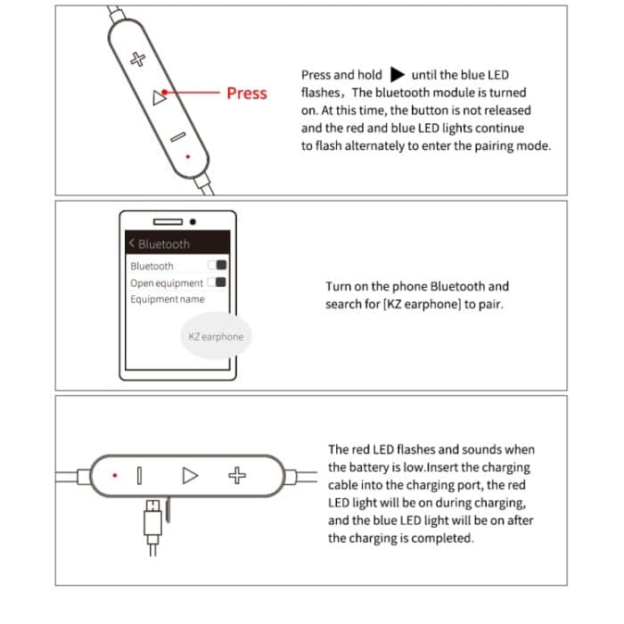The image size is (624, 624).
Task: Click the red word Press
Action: pyautogui.click(x=246, y=93)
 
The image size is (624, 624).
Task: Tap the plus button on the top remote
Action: pyautogui.click(x=137, y=60)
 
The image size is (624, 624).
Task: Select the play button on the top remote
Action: pyautogui.click(x=159, y=98)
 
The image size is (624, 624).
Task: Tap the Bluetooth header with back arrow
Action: pyautogui.click(x=160, y=243)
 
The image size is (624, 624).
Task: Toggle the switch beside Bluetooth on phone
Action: pyautogui.click(x=217, y=266)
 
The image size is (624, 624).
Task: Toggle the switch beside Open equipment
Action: pyautogui.click(x=217, y=283)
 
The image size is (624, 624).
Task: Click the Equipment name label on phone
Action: pyautogui.click(x=167, y=300)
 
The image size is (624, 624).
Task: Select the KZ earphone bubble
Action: pyautogui.click(x=215, y=337)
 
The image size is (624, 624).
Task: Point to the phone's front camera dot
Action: pyautogui.click(x=192, y=222)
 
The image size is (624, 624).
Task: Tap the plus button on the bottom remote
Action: pyautogui.click(x=236, y=475)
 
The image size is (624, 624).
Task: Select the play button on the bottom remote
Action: pyautogui.click(x=190, y=475)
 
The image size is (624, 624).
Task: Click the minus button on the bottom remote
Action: pyautogui.click(x=139, y=475)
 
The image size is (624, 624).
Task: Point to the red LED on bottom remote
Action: pyautogui.click(x=114, y=475)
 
